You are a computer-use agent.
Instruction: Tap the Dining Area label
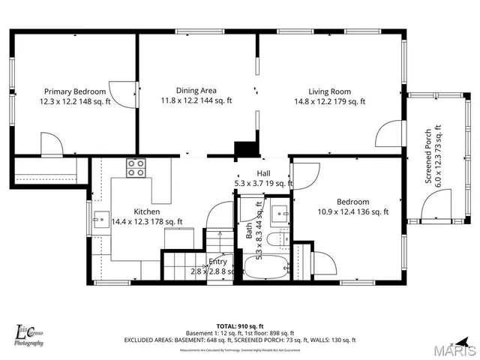click(196, 90)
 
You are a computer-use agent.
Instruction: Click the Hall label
click(263, 173)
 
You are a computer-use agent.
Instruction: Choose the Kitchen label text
click(147, 211)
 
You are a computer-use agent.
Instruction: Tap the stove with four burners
click(136, 168)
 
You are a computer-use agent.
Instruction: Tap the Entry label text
click(217, 262)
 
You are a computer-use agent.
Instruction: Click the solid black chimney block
click(245, 149)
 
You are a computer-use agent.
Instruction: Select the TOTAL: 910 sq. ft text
click(239, 325)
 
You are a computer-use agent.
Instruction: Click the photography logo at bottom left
click(30, 334)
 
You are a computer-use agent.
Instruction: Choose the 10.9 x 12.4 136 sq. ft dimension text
click(352, 212)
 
